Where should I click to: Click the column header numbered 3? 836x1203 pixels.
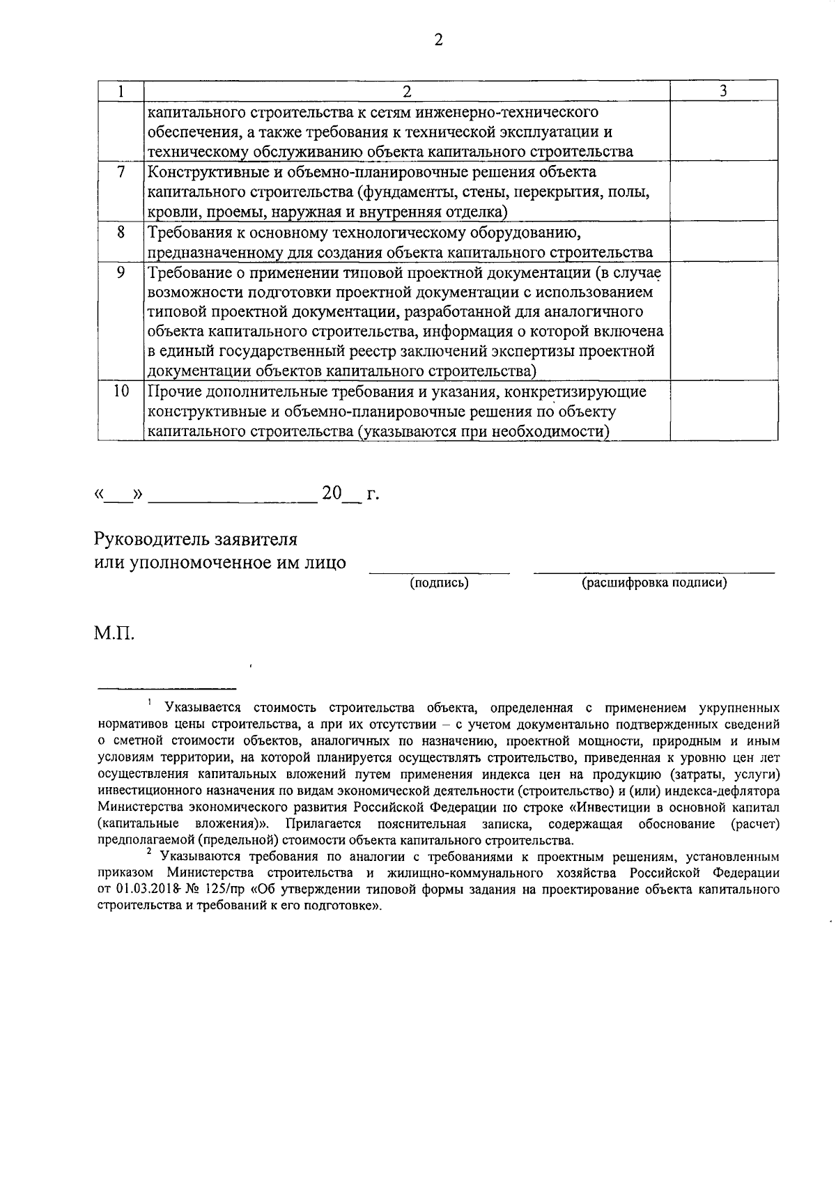(723, 91)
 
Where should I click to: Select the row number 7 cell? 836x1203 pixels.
(121, 172)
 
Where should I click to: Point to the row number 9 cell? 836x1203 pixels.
(121, 272)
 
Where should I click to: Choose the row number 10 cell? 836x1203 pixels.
(121, 391)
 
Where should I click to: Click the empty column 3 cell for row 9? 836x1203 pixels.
(723, 320)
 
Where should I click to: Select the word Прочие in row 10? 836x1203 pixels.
(171, 391)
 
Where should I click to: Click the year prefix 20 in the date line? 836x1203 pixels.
(332, 493)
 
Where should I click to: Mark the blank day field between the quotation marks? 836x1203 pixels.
(118, 496)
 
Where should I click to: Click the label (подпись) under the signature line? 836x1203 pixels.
(439, 583)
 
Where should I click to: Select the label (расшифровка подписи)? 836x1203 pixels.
(653, 583)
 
